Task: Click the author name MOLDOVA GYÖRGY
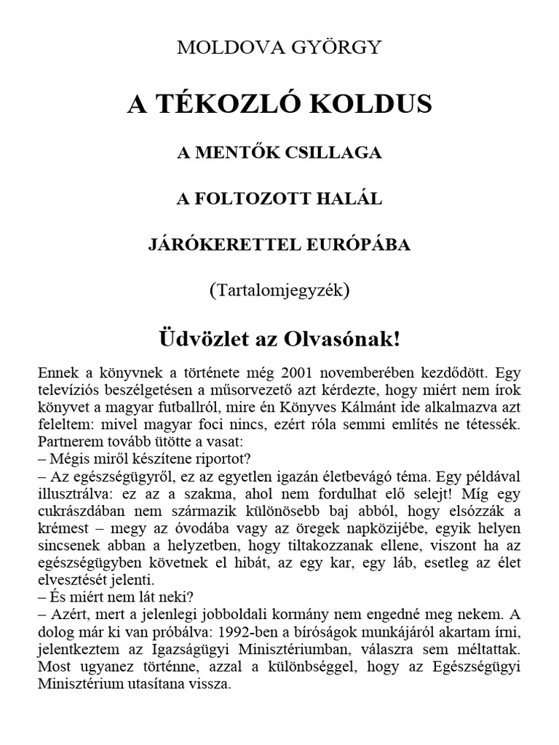(279, 49)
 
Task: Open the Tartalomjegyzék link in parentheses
(279, 290)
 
